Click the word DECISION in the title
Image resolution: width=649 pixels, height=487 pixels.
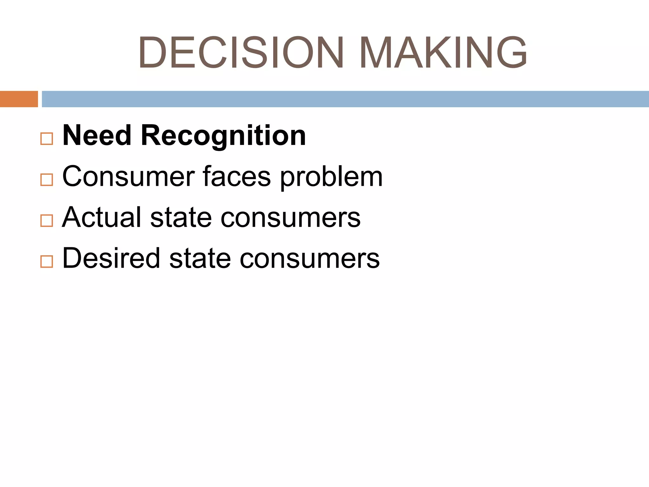click(241, 52)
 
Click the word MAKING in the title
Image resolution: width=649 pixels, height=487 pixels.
click(443, 52)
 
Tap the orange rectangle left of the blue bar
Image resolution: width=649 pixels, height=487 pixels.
click(19, 99)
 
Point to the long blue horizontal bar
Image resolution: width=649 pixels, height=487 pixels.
click(345, 99)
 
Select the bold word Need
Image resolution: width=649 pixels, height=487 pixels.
click(97, 135)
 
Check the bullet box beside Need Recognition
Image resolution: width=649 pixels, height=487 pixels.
click(47, 139)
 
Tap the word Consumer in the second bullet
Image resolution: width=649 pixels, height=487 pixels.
click(129, 177)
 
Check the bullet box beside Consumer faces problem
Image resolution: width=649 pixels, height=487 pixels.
click(47, 180)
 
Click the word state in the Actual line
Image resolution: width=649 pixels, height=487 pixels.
click(181, 218)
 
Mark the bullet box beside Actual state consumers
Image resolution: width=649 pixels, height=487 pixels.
click(47, 220)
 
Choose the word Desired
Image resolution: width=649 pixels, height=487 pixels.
click(111, 258)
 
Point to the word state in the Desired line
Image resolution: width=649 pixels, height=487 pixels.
click(200, 259)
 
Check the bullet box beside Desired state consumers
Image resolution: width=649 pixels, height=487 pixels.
click(47, 262)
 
